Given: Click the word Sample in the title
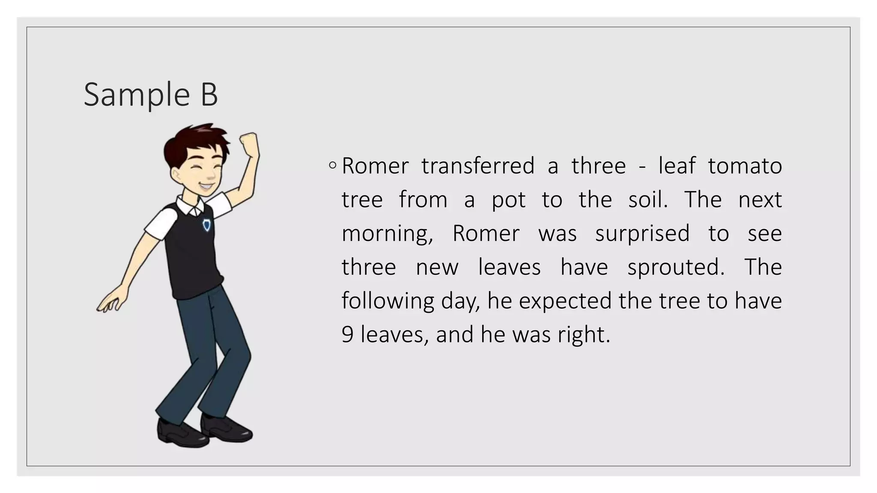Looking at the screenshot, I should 137,95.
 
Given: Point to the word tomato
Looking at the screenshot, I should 745,166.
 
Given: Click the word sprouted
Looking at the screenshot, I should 676,268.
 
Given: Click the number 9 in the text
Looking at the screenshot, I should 347,335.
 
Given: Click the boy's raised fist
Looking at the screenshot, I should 249,141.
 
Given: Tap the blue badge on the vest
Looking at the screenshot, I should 207,225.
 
